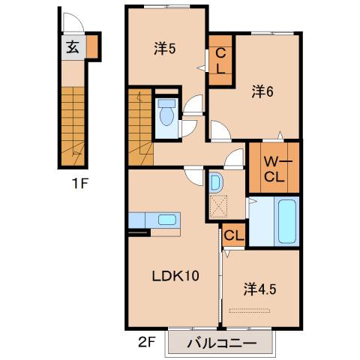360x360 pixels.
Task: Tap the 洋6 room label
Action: click(261, 91)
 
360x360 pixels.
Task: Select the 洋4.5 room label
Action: click(261, 288)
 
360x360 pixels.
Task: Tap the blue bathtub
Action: click(287, 220)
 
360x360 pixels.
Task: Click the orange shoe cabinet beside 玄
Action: click(92, 46)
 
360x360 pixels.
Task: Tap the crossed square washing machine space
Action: click(219, 205)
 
